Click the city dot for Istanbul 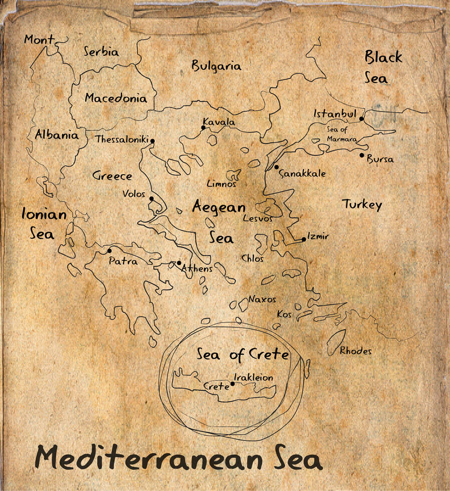point(362,119)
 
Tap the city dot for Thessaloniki point(152,141)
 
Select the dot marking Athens point(179,263)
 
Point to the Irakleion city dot point(232,384)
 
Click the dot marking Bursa point(362,155)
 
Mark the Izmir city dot point(304,239)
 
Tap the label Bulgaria point(216,66)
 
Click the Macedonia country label point(116,98)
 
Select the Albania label point(56,135)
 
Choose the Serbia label point(101,52)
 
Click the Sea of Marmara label point(342,135)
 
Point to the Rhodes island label point(355,351)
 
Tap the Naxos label point(262,299)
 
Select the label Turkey point(362,204)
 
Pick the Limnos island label point(221,184)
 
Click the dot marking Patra point(109,251)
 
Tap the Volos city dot point(151,198)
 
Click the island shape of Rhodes point(335,341)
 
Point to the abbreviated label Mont point(39,40)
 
